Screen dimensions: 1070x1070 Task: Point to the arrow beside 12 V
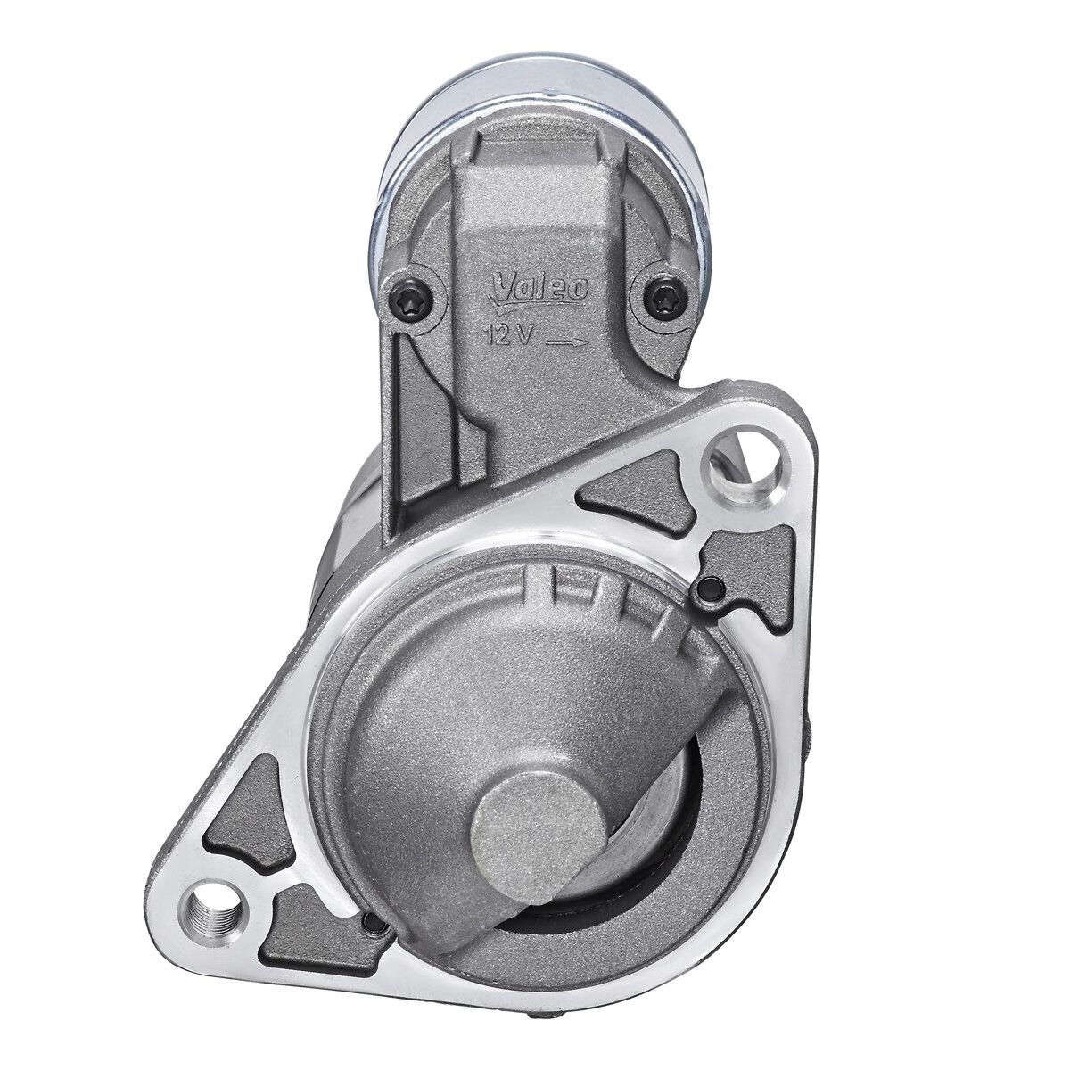565,340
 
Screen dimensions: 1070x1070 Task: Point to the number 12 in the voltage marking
496,336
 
